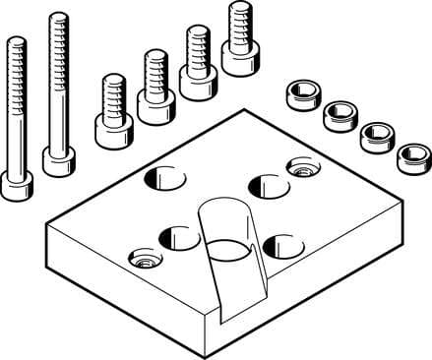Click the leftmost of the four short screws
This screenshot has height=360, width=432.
(112, 126)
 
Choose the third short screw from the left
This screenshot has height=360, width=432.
(198, 82)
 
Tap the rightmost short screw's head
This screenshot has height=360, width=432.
(239, 58)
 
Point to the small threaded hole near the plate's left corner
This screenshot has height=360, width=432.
(144, 261)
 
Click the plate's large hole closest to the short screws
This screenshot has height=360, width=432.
(164, 178)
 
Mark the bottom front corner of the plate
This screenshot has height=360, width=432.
(209, 350)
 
